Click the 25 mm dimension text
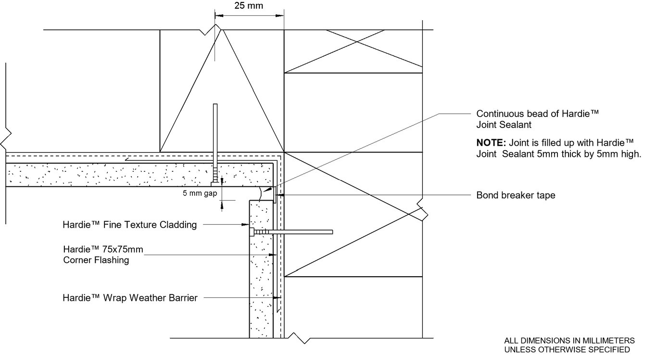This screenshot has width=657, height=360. click(249, 6)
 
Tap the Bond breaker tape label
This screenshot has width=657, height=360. click(516, 195)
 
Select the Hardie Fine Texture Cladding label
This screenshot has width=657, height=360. click(130, 225)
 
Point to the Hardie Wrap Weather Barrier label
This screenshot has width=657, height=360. click(130, 298)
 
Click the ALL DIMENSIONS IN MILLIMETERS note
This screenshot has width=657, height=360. click(569, 340)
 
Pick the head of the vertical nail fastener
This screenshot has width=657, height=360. click(215, 183)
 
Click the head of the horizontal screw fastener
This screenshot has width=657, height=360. click(252, 232)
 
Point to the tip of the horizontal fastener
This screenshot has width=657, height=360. click(332, 232)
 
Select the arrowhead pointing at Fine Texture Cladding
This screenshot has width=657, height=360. click(247, 224)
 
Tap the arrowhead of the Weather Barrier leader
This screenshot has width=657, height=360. click(278, 298)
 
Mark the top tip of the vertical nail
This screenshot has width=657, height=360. click(215, 105)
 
